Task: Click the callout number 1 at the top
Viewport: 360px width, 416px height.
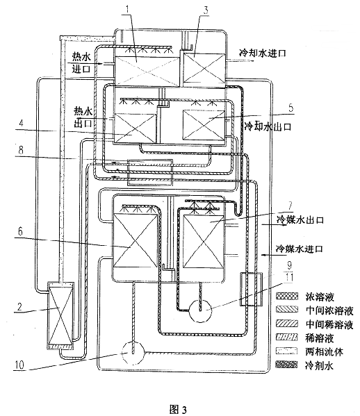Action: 128,10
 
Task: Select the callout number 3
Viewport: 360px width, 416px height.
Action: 206,11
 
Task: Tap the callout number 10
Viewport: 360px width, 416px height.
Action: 19,365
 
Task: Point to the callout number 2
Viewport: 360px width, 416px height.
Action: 19,307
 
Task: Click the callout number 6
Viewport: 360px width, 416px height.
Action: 20,231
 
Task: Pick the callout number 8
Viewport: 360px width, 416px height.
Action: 20,150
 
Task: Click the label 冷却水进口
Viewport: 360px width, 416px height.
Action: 263,53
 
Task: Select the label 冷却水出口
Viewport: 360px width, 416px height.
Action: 268,126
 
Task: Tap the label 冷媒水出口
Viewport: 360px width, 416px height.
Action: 300,220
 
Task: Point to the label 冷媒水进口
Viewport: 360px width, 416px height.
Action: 300,249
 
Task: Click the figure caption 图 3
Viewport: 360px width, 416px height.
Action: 178,409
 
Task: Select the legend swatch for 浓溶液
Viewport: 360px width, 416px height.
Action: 286,296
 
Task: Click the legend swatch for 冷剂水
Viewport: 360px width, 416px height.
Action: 286,365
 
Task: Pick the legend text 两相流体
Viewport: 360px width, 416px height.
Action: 324,351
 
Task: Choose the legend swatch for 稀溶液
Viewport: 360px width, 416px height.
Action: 286,338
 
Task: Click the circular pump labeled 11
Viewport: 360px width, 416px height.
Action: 200,310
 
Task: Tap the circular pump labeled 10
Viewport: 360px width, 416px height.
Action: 133,353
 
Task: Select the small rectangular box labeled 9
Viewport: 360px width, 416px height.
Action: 251,289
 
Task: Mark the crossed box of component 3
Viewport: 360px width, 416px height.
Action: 204,68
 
